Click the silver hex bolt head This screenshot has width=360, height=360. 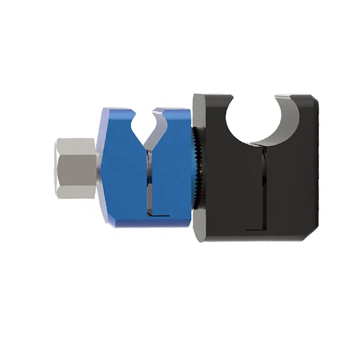coord(75,168)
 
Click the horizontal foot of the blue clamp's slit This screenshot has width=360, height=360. coord(160,216)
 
